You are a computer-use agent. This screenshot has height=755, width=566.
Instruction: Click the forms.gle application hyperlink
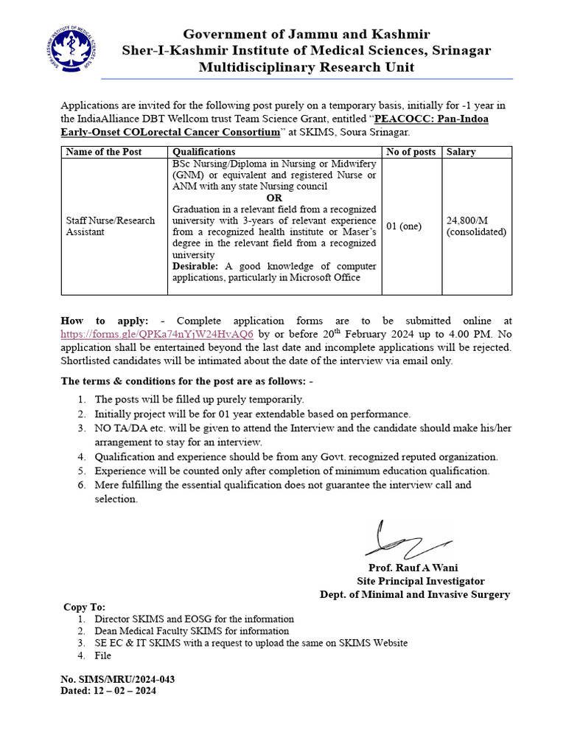[x=157, y=333]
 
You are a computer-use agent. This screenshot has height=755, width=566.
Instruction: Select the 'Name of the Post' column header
[x=103, y=152]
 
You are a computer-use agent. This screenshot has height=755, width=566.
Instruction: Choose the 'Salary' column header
[x=461, y=152]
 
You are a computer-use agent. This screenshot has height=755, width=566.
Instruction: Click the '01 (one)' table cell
[x=404, y=226]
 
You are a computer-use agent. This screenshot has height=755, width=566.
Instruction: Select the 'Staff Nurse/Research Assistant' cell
[x=111, y=226]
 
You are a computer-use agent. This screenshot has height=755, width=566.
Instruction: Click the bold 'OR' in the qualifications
[x=274, y=198]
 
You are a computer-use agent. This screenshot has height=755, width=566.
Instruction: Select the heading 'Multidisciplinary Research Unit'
[x=307, y=68]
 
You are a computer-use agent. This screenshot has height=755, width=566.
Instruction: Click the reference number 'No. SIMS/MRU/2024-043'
[x=117, y=679]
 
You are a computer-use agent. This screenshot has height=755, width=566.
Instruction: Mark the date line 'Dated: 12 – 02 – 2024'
[x=108, y=691]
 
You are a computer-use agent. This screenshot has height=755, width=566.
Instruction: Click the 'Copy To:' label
[x=84, y=607]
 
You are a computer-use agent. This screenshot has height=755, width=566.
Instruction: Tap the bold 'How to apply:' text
[x=105, y=321]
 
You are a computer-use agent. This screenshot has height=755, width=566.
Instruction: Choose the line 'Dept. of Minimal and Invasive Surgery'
[x=414, y=594]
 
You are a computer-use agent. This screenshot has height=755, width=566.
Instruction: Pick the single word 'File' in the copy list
[x=103, y=655]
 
